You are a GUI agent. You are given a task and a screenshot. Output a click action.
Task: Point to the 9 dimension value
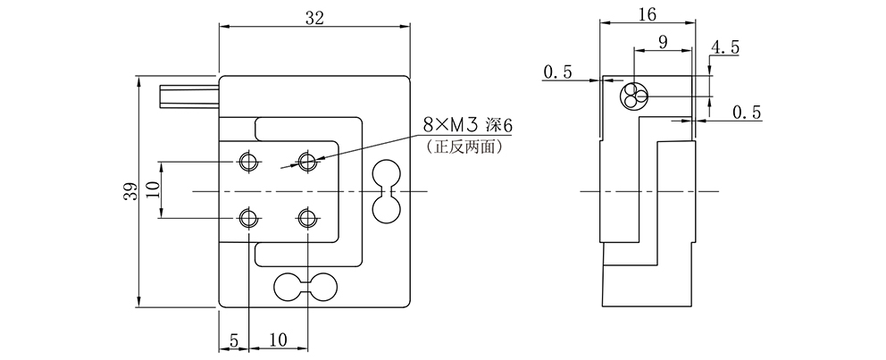pyautogui.click(x=661, y=42)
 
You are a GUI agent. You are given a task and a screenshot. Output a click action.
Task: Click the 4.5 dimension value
pyautogui.click(x=725, y=48)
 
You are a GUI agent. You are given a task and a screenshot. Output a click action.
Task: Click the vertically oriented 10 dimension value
pyautogui.click(x=151, y=189)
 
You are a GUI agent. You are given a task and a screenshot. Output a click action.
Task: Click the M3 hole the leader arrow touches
pyautogui.click(x=308, y=162)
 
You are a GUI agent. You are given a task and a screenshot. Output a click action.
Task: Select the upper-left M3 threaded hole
pyautogui.click(x=248, y=162)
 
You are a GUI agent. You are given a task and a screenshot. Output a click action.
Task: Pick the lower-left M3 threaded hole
pyautogui.click(x=248, y=219)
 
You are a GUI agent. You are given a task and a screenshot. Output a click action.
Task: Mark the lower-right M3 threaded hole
pyautogui.click(x=308, y=219)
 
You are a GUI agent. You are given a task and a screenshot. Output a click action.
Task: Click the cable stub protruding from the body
pyautogui.click(x=188, y=95)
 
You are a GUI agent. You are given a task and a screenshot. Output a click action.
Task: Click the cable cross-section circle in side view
pyautogui.click(x=635, y=94)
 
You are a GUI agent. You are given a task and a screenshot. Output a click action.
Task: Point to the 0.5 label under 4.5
pyautogui.click(x=746, y=113)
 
